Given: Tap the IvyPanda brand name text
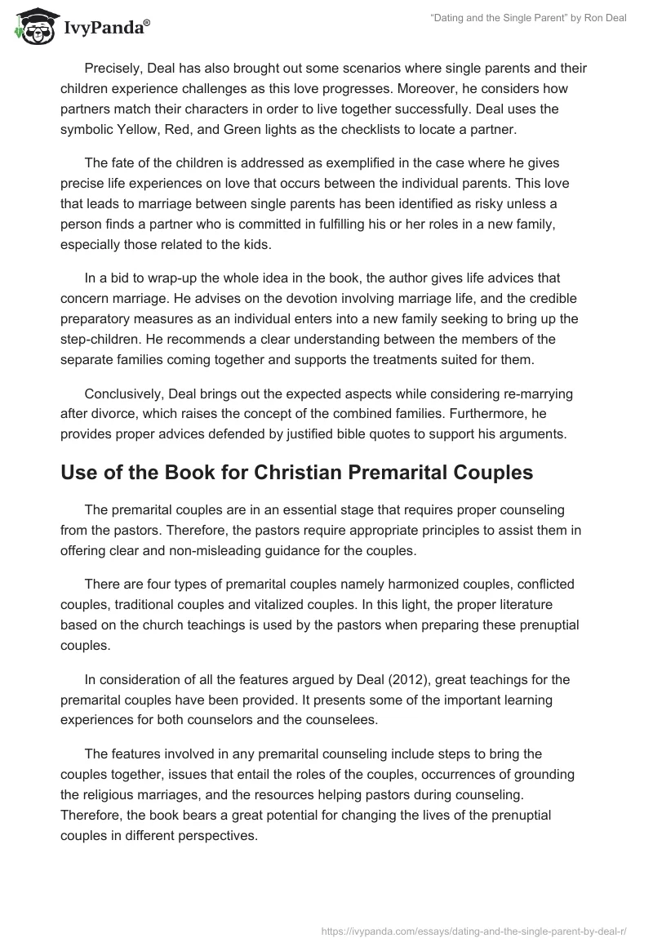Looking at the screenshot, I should [106, 29].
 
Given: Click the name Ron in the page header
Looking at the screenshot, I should [589, 18].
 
